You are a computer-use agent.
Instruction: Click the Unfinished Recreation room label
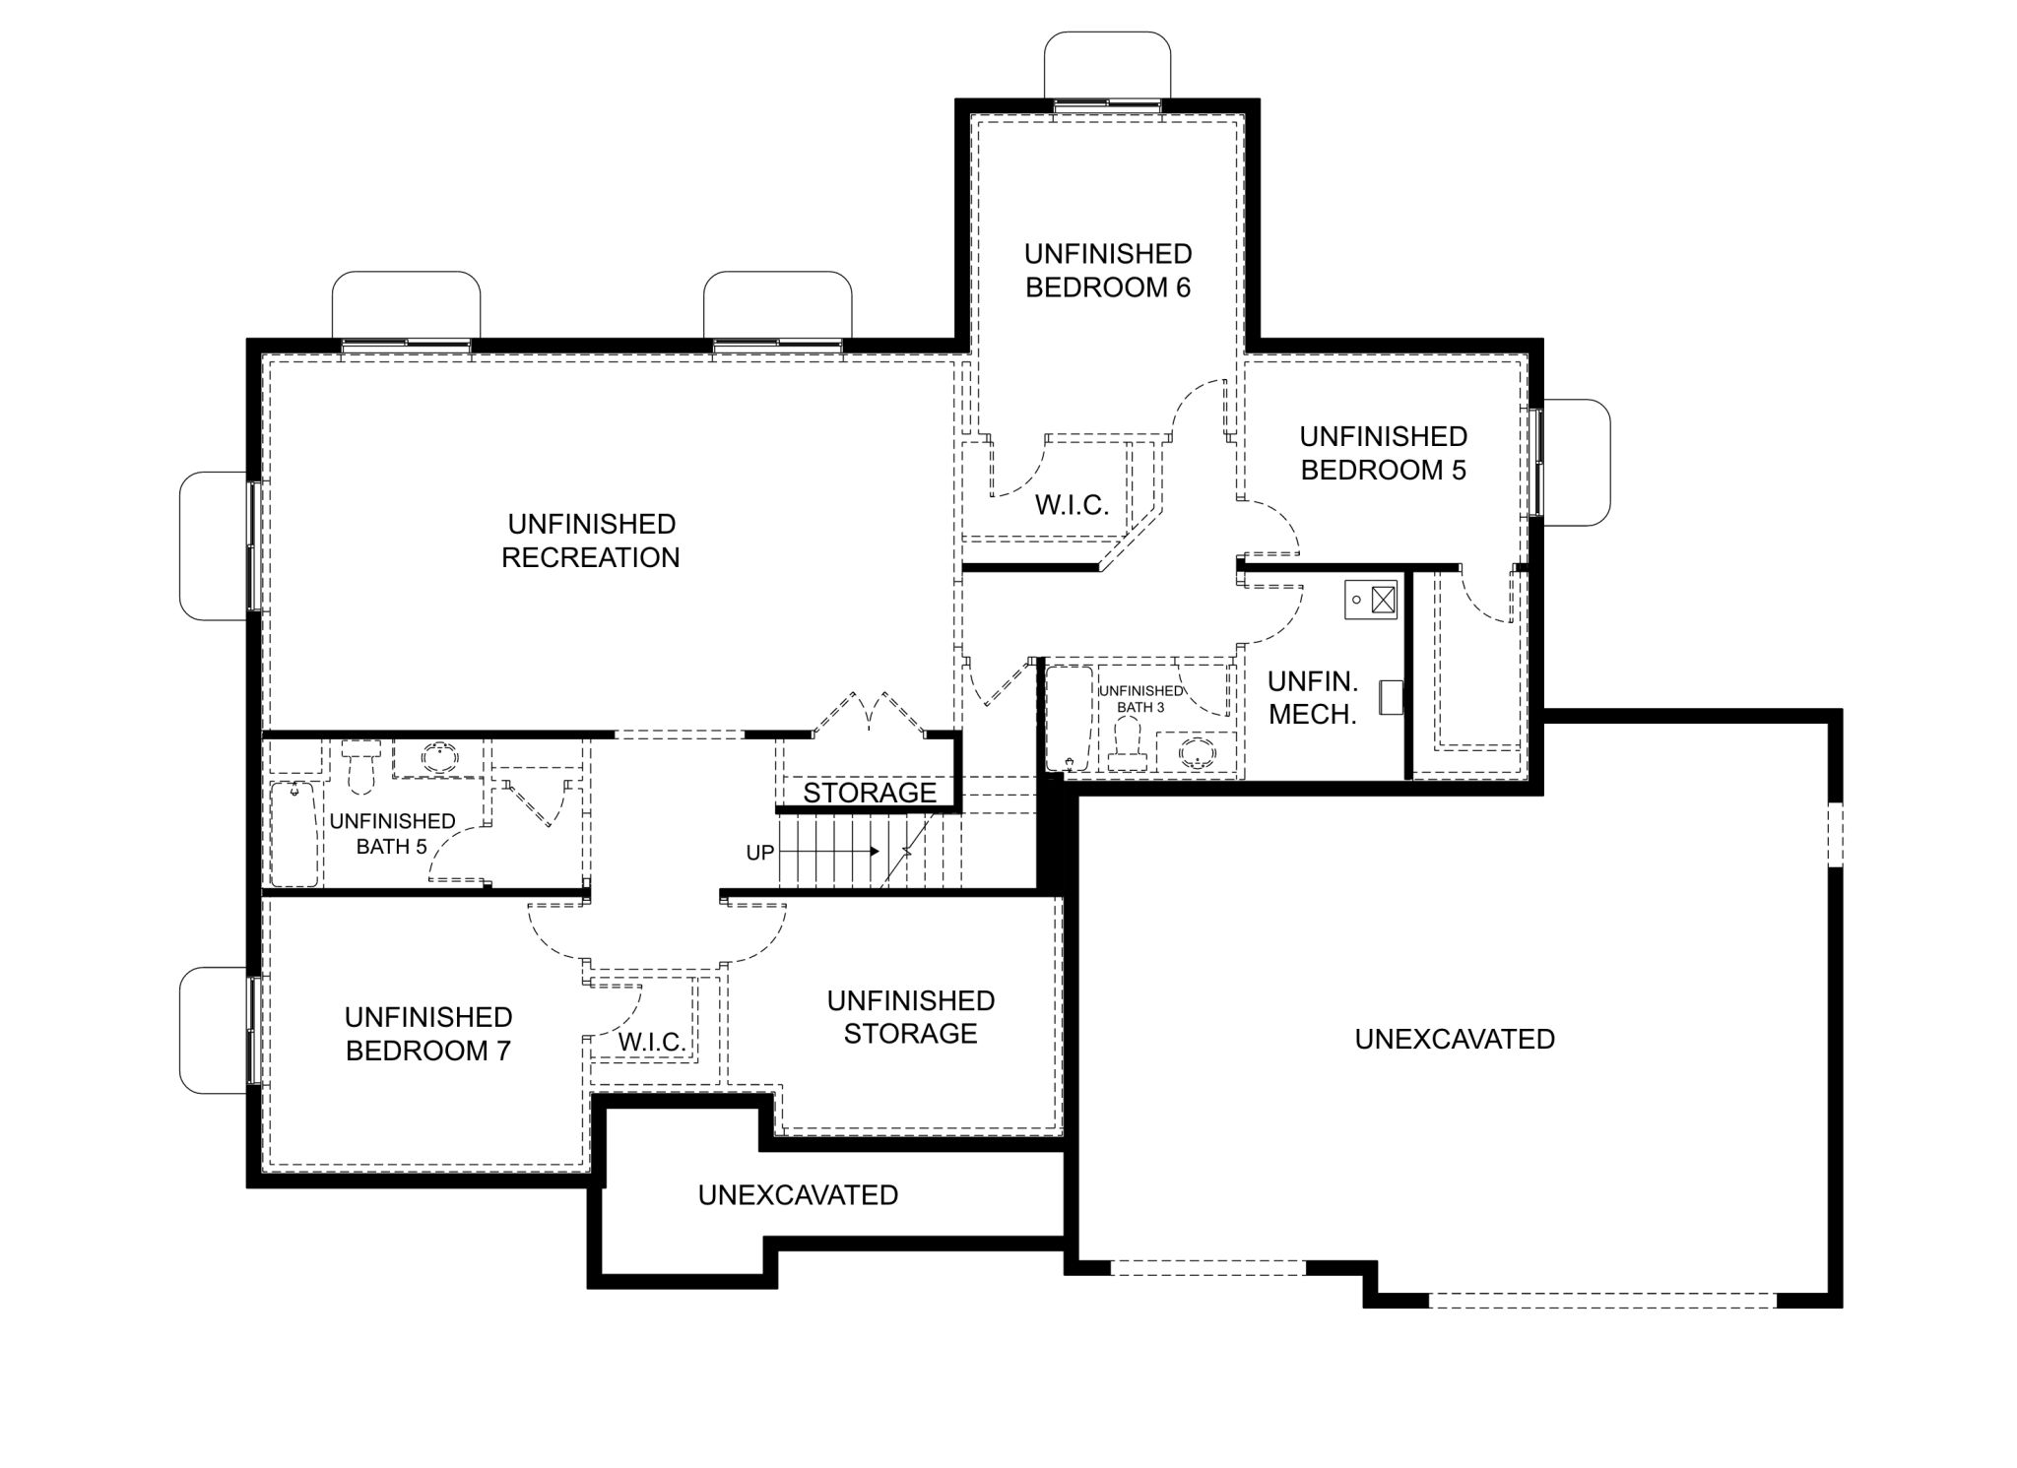pos(591,541)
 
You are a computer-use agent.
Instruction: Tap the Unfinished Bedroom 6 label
pos(1108,271)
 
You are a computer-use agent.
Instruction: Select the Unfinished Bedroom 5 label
pos(1384,453)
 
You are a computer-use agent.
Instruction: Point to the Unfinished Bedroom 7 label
pos(428,1034)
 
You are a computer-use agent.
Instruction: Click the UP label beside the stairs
pos(759,853)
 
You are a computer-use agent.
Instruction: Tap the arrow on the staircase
pos(828,851)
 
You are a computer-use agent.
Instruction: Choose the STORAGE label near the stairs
pos(870,793)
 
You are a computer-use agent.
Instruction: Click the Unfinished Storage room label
pos(911,1017)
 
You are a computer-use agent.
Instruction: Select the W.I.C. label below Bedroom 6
pos(1072,505)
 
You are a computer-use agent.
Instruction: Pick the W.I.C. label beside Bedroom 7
pos(652,1042)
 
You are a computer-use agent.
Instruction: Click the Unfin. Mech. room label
pos(1313,698)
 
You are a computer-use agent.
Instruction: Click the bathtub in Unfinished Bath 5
pos(293,835)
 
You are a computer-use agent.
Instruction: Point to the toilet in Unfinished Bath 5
pos(360,766)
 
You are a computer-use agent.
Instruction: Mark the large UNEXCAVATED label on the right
pos(1455,1040)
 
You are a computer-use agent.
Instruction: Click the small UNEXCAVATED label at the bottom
pos(798,1195)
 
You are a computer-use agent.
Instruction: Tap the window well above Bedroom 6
pos(1108,65)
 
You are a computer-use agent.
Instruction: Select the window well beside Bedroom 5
pos(1577,463)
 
